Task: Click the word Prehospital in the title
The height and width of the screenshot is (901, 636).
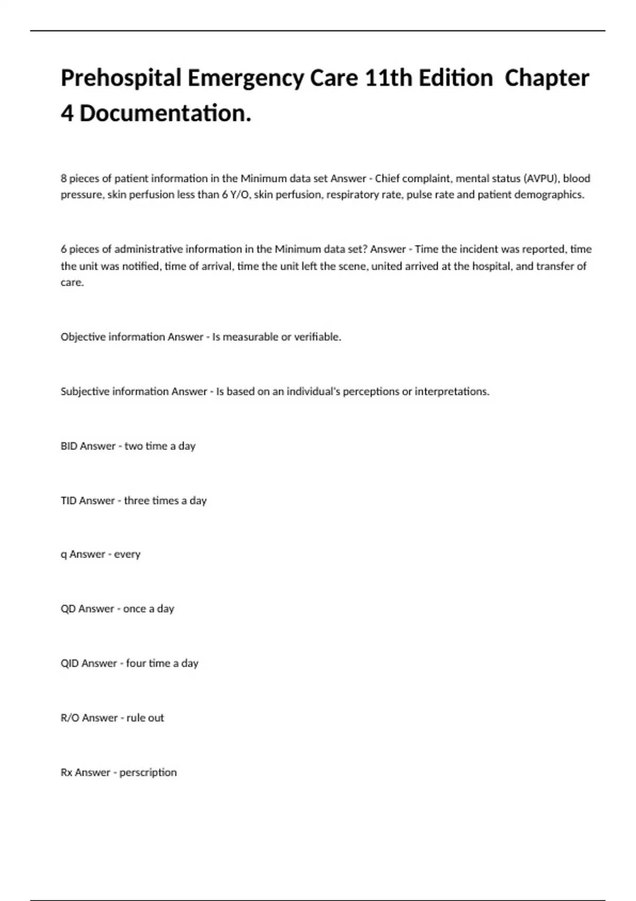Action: pyautogui.click(x=121, y=78)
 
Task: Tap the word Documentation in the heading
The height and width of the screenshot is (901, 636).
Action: pyautogui.click(x=165, y=113)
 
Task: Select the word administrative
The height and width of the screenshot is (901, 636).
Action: pyautogui.click(x=148, y=249)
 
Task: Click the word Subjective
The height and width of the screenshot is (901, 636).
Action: pyautogui.click(x=88, y=392)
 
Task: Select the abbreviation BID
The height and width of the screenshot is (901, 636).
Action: pyautogui.click(x=69, y=446)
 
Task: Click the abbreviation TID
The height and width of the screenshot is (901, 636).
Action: pyautogui.click(x=69, y=501)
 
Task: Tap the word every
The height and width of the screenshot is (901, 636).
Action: pyautogui.click(x=127, y=554)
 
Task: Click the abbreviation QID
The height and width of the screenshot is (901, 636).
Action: pyautogui.click(x=70, y=664)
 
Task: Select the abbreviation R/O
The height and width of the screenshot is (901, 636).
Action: pyautogui.click(x=70, y=718)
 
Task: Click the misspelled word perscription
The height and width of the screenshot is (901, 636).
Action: pyautogui.click(x=148, y=773)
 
